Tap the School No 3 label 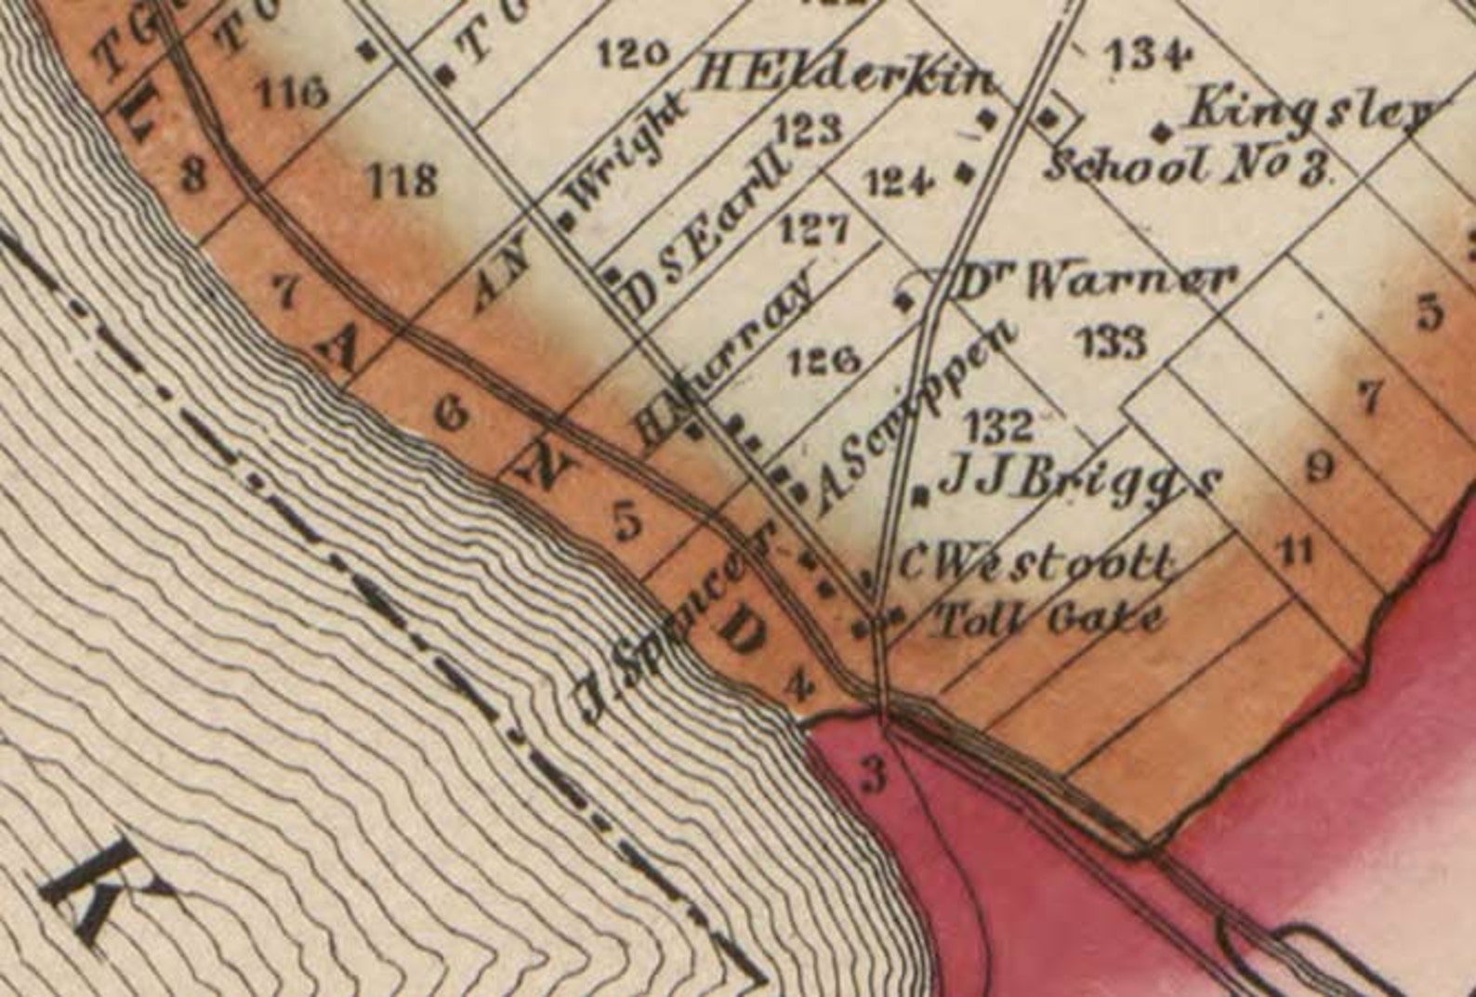(1190, 167)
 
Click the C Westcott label (1032, 563)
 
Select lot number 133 (1113, 342)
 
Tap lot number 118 (402, 178)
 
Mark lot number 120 (633, 55)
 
